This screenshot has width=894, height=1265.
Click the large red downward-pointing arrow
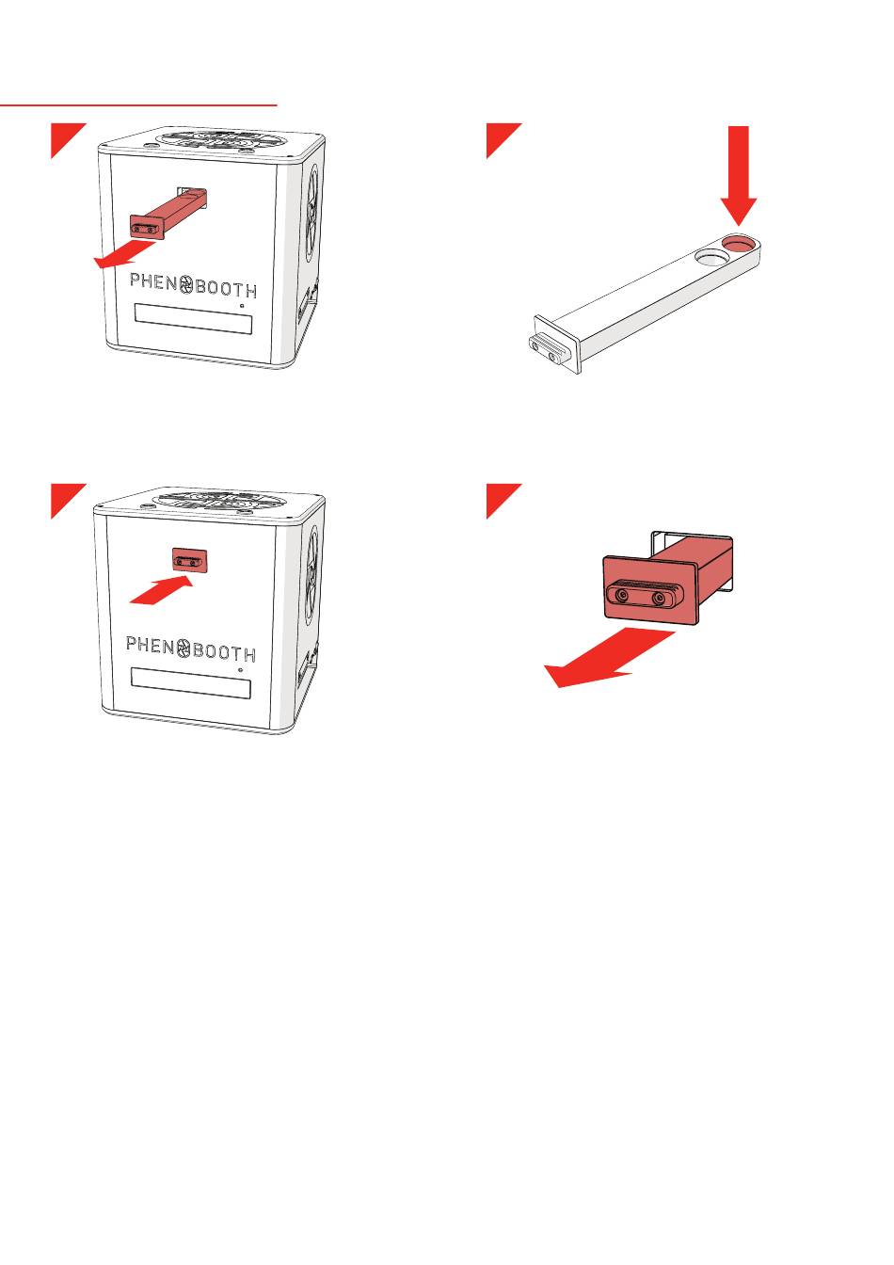738,175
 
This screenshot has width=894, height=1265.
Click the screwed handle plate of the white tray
553,345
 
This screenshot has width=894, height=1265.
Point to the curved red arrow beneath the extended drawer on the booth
124,254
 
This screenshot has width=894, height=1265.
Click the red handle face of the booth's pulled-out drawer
146,228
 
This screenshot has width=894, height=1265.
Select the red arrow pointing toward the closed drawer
161,590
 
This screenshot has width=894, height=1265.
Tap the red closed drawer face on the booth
190,561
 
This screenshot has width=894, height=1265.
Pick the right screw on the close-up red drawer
659,598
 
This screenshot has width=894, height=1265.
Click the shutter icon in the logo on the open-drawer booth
185,284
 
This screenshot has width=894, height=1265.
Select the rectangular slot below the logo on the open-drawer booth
193,319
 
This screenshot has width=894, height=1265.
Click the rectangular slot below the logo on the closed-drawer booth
190,682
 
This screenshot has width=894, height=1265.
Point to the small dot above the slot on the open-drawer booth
242,305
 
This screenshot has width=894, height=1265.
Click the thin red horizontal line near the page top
138,105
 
